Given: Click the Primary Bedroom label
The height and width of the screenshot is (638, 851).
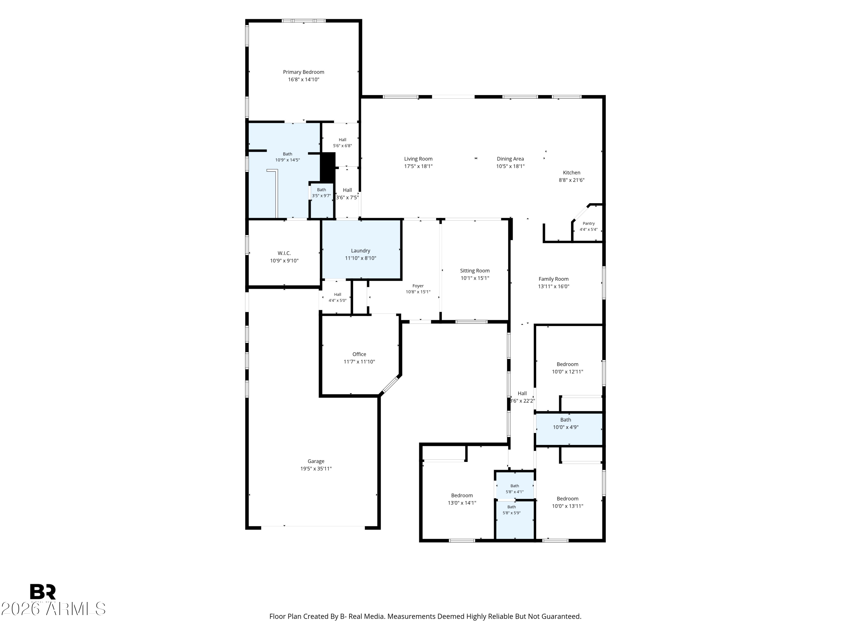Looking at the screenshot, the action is coord(304,72).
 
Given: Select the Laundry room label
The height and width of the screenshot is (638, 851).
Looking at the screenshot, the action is coord(361,251).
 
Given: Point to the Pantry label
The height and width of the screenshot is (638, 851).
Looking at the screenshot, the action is coord(589,223).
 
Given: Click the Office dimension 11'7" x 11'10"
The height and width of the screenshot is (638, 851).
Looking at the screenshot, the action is coord(359,362).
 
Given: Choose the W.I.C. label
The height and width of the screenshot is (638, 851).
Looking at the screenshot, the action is coord(284,253).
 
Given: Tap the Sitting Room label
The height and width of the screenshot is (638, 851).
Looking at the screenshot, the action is coord(475,271).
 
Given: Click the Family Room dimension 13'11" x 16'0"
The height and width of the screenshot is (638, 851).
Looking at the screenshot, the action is coord(554,286).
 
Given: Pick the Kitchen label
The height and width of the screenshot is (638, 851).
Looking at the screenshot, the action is coord(572,173).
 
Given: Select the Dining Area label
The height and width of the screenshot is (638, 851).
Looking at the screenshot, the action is coord(510,159).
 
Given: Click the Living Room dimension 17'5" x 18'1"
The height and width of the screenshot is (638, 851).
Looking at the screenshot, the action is coord(418,166).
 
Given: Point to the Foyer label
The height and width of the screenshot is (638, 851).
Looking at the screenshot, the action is coord(418,286).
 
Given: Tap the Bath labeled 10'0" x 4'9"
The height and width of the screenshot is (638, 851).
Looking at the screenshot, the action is coord(566,420).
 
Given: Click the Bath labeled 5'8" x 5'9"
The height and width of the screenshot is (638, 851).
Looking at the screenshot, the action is coord(512,507).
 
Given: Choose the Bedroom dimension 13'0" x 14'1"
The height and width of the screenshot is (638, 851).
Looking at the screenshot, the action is coord(462,503).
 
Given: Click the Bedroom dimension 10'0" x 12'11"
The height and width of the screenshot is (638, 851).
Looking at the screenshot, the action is coord(567,371).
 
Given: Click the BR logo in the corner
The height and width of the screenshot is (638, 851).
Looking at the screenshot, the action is coord(43,592).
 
